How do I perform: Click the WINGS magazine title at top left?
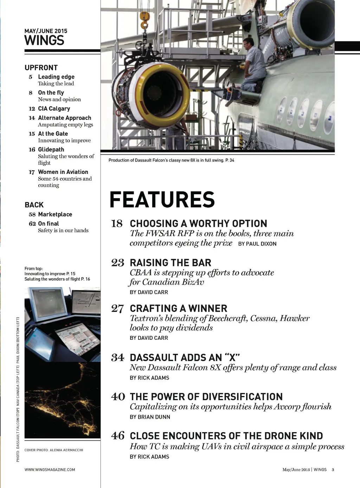pos(44,40)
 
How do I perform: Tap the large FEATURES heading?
pos(162,200)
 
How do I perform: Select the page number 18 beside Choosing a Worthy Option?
pos(117,223)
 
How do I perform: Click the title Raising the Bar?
pos(171,263)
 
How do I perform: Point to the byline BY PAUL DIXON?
pos(257,244)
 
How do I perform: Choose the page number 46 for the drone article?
pos(118,436)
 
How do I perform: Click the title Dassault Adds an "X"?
pos(185,358)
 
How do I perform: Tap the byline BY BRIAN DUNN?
pos(150,417)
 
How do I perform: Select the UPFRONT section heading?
pos(41,68)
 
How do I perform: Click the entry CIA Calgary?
pos(54,109)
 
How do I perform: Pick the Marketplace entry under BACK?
pos(55,214)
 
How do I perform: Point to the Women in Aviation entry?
pos(63,172)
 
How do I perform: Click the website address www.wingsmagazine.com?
pos(50,469)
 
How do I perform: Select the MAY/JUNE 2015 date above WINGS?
pos(46,31)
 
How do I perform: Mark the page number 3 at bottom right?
pos(333,469)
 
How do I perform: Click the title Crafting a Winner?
pos(178,308)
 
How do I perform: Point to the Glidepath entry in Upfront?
pos(51,149)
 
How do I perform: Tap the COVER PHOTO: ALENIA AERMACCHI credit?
pos(54,450)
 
